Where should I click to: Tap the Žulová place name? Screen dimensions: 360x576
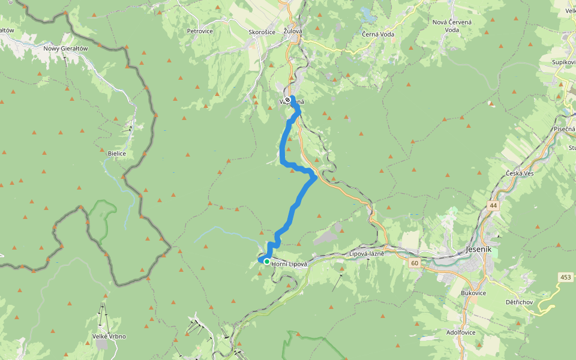click(x=289, y=31)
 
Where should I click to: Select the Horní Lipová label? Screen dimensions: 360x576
click(x=289, y=263)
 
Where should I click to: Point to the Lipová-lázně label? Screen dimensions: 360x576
click(x=366, y=254)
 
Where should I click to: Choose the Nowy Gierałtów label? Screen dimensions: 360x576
click(x=65, y=48)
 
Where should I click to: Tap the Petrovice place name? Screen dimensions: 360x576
click(x=200, y=31)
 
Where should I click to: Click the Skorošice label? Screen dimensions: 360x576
click(x=262, y=32)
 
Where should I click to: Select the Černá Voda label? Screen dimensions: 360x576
click(x=378, y=34)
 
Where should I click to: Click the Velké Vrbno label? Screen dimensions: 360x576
click(x=109, y=337)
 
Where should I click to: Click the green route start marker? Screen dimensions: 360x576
click(x=266, y=262)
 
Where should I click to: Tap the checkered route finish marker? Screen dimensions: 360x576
click(x=287, y=100)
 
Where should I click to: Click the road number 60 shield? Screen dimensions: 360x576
click(x=414, y=263)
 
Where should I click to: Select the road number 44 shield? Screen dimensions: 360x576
click(x=493, y=205)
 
